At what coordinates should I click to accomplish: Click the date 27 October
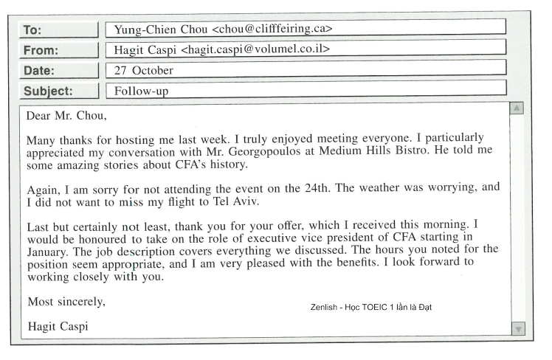(143, 71)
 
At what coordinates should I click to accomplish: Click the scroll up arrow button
(517, 109)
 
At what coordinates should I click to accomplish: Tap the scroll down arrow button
(517, 328)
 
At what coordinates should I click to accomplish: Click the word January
(49, 250)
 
